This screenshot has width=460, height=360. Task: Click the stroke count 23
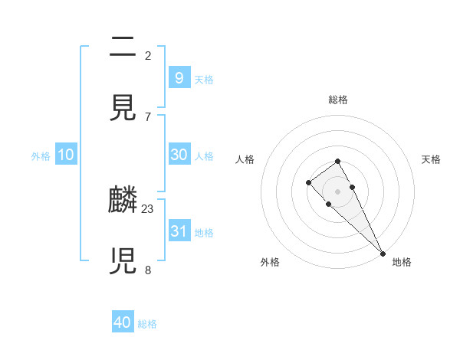click(x=148, y=208)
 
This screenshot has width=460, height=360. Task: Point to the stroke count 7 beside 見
click(x=148, y=116)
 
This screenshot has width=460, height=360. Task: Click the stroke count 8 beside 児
click(x=148, y=270)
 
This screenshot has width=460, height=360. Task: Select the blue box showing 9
click(x=179, y=77)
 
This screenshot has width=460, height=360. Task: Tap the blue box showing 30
click(x=179, y=155)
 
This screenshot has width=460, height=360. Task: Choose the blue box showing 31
click(x=179, y=231)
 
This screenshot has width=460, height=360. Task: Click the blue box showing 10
click(x=65, y=155)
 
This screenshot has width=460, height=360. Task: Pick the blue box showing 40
click(x=123, y=322)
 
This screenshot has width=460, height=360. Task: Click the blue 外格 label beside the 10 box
click(x=41, y=156)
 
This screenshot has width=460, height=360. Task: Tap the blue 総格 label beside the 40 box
click(x=147, y=324)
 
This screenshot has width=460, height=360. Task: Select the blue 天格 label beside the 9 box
click(x=203, y=79)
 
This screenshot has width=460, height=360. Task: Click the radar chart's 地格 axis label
click(x=402, y=262)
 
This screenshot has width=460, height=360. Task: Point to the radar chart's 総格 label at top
click(x=338, y=100)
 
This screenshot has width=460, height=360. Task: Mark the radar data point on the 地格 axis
click(x=383, y=253)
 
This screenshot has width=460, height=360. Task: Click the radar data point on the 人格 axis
click(x=308, y=182)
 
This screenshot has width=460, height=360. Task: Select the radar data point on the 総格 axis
click(x=337, y=161)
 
